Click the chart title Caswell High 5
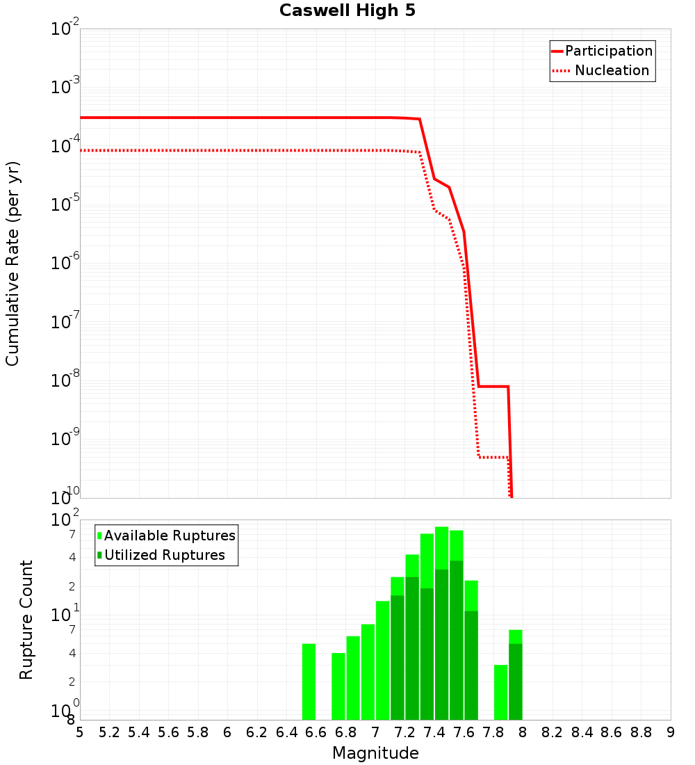[x=347, y=11]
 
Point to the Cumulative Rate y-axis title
[x=13, y=263]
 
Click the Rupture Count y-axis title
[x=26, y=620]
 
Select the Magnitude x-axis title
[x=375, y=753]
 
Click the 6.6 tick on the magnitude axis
[x=316, y=732]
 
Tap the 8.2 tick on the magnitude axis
[x=553, y=732]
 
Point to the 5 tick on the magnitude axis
[x=80, y=732]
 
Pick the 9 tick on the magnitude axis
[x=671, y=732]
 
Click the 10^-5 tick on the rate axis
[x=65, y=204]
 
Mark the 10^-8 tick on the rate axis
[x=65, y=380]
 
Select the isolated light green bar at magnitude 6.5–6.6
[x=309, y=682]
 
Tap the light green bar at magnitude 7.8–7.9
[x=500, y=692]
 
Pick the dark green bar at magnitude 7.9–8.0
[x=515, y=682]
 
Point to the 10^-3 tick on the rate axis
[x=65, y=87]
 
